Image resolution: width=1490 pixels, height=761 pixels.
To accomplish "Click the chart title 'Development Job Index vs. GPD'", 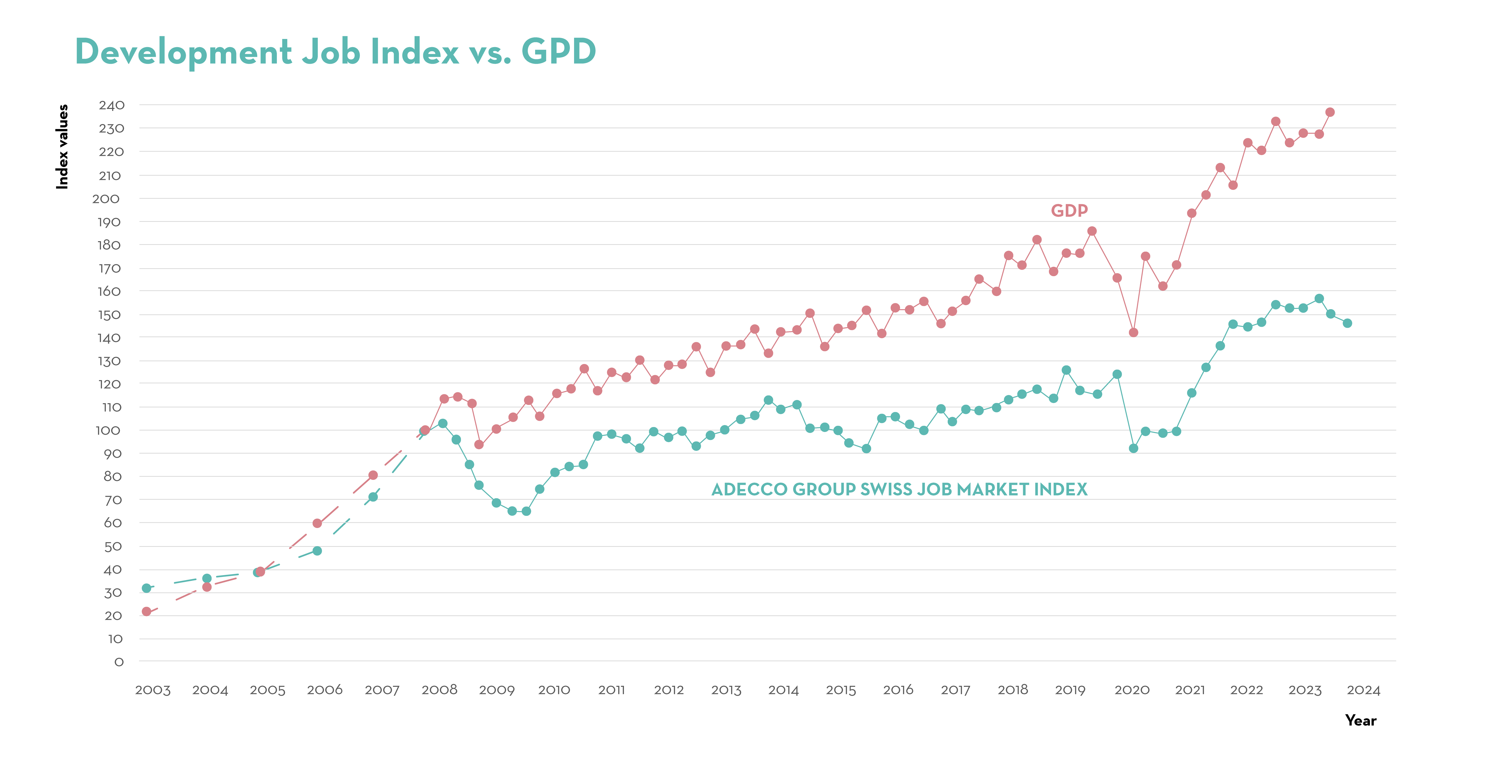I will pyautogui.click(x=335, y=52).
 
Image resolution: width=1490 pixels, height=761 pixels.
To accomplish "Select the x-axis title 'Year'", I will pyautogui.click(x=1360, y=721).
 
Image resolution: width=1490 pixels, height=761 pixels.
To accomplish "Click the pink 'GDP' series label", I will pyautogui.click(x=1069, y=211).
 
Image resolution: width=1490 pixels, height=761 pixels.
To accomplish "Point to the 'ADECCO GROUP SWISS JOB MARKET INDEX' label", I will pyautogui.click(x=899, y=490).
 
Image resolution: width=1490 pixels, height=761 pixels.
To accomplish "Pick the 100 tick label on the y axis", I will pyautogui.click(x=108, y=430).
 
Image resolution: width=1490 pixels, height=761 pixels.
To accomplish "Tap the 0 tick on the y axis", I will pyautogui.click(x=119, y=662).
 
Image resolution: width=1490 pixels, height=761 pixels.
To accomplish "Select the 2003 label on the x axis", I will pyautogui.click(x=153, y=690).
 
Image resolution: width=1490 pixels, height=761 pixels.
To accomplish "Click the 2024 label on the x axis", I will pyautogui.click(x=1363, y=690).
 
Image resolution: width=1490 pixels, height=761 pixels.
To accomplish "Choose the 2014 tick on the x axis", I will pyautogui.click(x=783, y=690).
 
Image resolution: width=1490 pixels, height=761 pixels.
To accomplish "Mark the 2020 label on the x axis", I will pyautogui.click(x=1131, y=690).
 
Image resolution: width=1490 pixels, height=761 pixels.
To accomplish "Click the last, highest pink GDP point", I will pyautogui.click(x=1330, y=112).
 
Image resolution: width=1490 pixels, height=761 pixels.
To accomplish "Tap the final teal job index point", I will pyautogui.click(x=1347, y=324).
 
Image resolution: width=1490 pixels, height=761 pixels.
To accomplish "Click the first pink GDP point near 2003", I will pyautogui.click(x=146, y=612).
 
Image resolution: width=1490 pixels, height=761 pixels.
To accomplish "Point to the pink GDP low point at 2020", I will pyautogui.click(x=1133, y=333).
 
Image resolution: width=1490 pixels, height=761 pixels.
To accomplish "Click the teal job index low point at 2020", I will pyautogui.click(x=1133, y=449).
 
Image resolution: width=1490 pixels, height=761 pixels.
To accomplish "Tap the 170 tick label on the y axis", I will pyautogui.click(x=109, y=268).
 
